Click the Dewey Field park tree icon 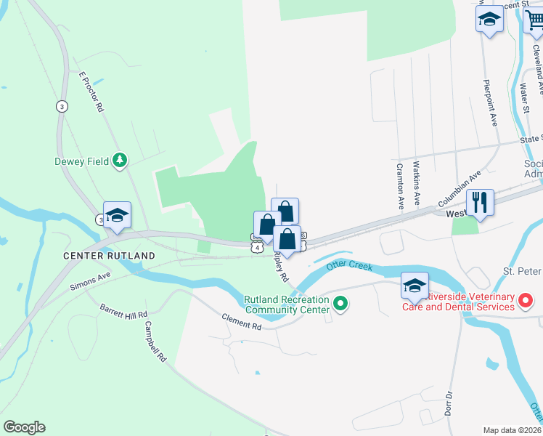click(x=121, y=160)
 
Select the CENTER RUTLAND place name click(x=109, y=256)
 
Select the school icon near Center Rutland click(x=117, y=214)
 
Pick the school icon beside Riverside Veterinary click(x=415, y=285)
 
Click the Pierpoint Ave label click(x=490, y=102)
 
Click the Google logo click(x=24, y=427)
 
